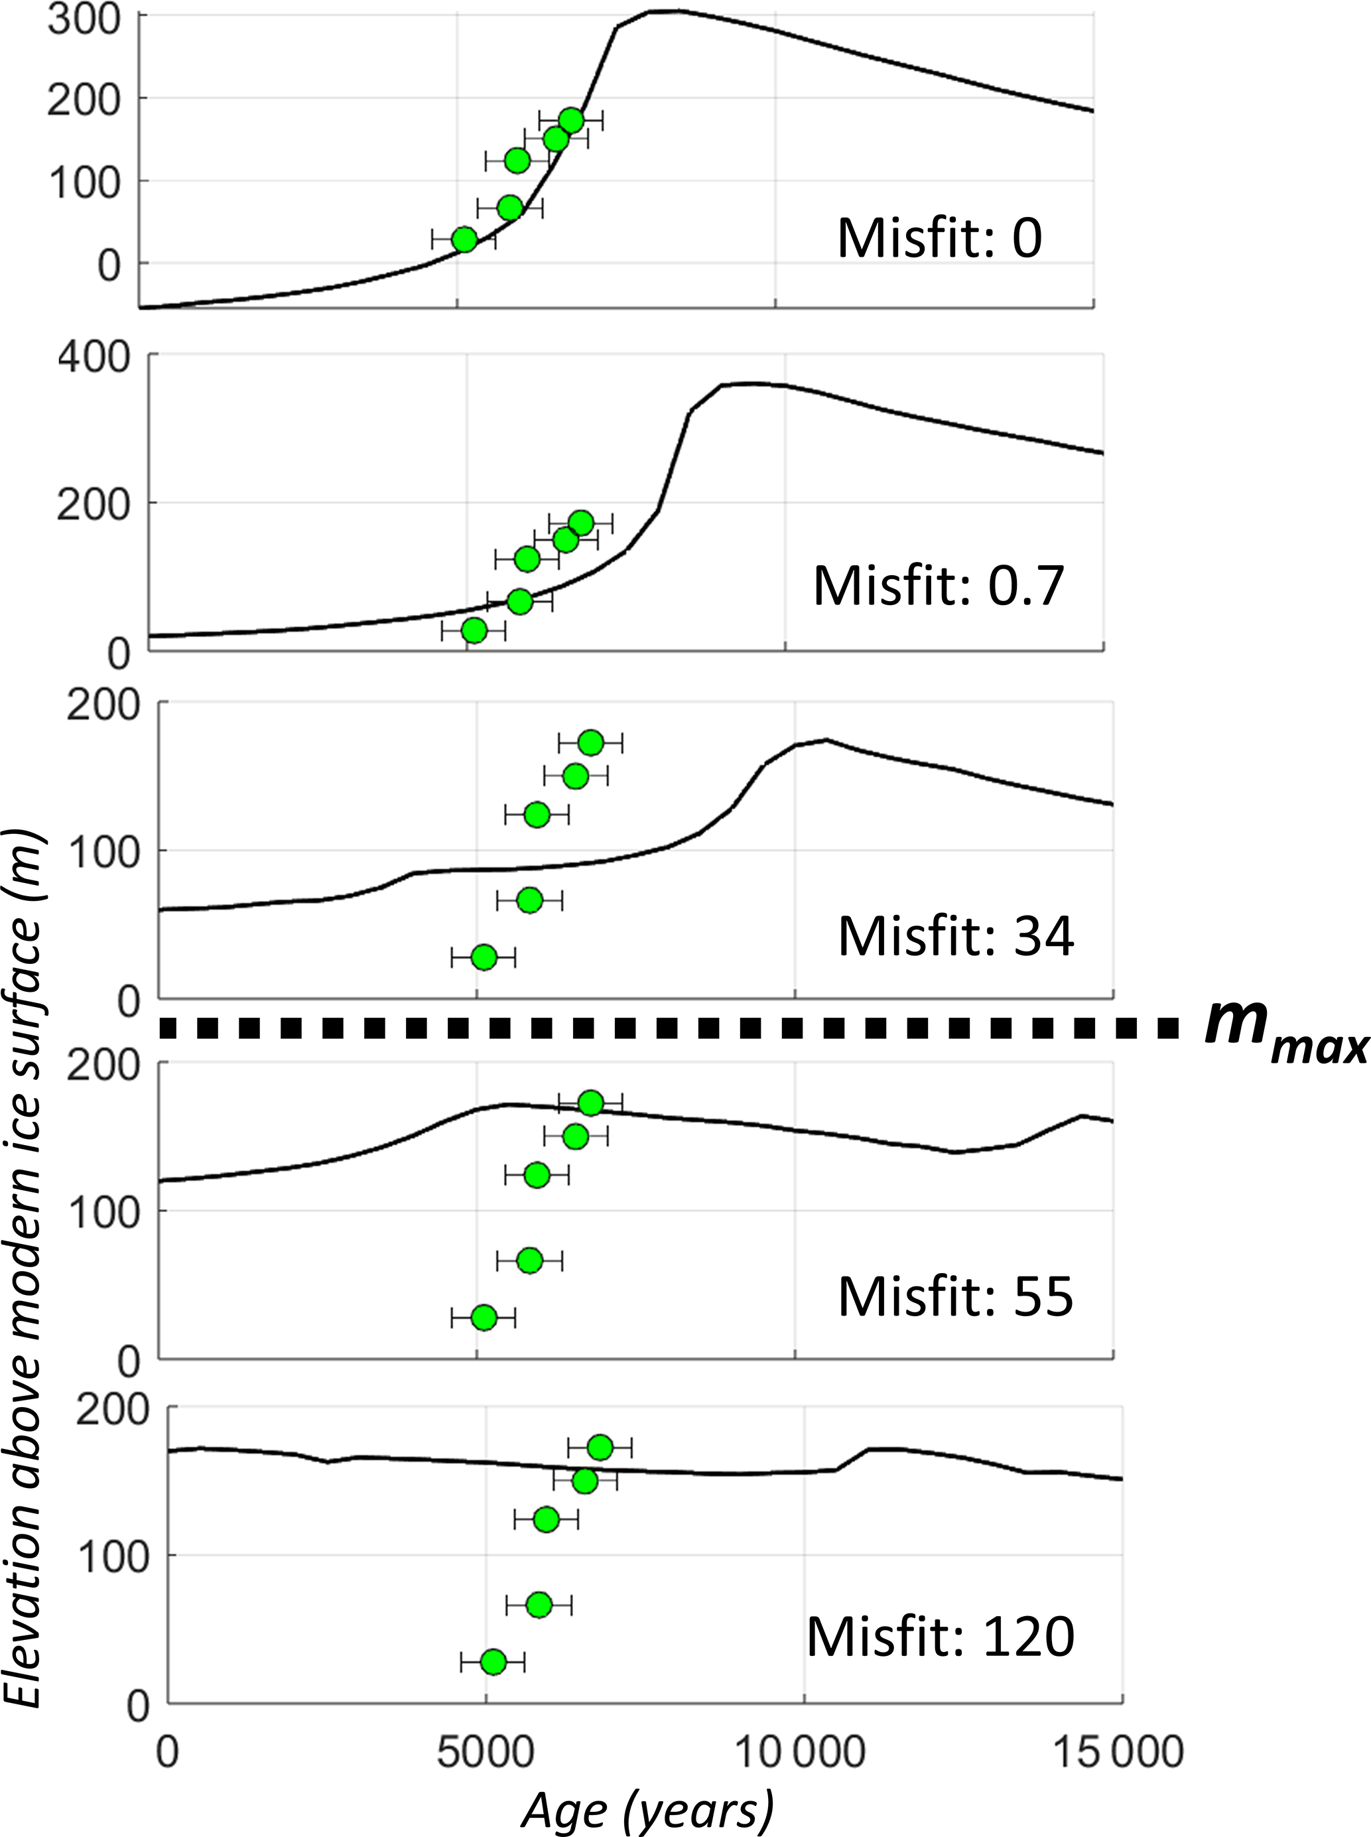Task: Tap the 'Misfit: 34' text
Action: tap(956, 935)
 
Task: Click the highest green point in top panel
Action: tap(571, 120)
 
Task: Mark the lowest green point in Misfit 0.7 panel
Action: tap(474, 631)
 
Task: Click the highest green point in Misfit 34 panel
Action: tap(590, 742)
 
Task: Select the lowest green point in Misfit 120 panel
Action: tap(493, 1662)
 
